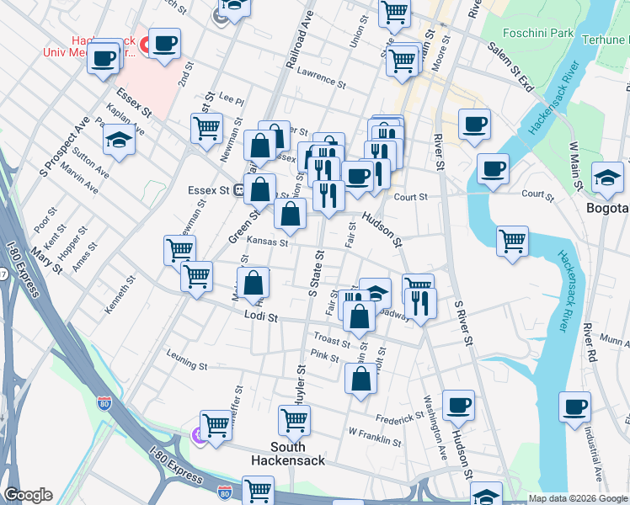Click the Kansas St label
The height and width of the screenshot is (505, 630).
coord(269,242)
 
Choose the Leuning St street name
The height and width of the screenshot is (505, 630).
coord(186,365)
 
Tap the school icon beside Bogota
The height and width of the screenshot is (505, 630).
coord(606,177)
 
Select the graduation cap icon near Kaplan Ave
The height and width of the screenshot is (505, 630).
coord(120,141)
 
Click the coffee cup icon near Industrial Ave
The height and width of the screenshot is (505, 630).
coord(574,406)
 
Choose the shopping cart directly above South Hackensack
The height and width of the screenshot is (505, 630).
coord(294,418)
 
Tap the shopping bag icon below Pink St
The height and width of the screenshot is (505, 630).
coord(360,378)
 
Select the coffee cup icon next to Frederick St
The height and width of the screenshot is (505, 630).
coord(458,405)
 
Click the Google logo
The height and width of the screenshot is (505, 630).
coord(27,495)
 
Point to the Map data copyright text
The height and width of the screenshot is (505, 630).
coord(576,498)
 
